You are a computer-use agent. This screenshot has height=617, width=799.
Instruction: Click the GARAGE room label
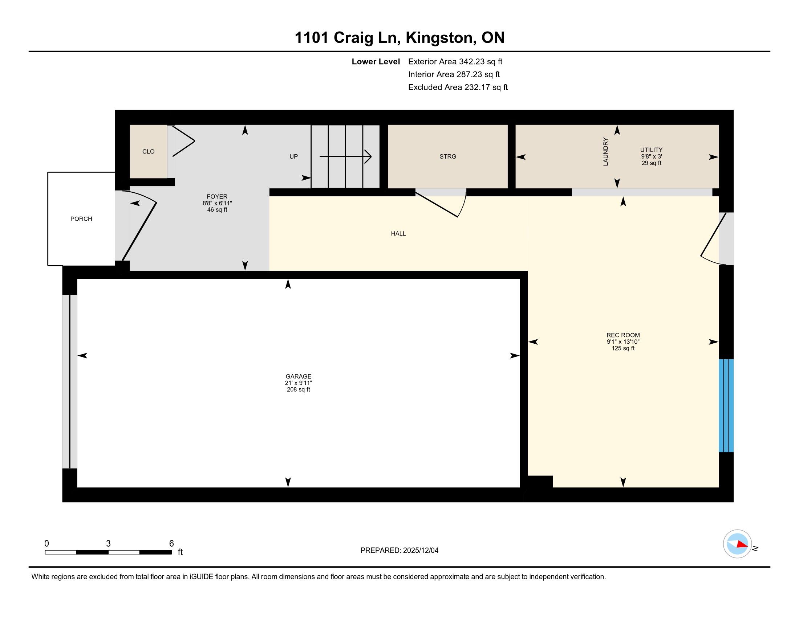click(299, 376)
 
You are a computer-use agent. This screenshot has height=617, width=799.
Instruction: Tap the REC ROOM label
click(623, 335)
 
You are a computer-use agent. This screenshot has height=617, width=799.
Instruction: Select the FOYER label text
click(217, 197)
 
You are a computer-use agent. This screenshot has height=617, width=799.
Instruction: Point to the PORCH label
click(81, 219)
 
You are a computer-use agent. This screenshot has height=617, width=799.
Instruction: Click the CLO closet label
click(148, 151)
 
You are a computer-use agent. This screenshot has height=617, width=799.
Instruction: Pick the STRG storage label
click(448, 156)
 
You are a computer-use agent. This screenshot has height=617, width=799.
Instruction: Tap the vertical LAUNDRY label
click(605, 151)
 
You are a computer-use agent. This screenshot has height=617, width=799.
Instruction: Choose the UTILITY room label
click(651, 150)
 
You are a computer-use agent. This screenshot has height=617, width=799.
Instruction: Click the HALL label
click(398, 234)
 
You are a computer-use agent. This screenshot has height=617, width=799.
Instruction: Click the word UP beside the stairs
click(293, 156)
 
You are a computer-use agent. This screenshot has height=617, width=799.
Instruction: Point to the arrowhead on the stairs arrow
click(368, 157)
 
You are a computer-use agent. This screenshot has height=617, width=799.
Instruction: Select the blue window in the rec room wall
click(726, 406)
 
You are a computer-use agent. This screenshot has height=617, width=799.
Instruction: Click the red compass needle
click(742, 545)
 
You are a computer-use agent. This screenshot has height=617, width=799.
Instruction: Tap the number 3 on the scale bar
click(108, 544)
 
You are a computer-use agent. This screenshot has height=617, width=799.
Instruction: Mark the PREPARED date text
click(399, 551)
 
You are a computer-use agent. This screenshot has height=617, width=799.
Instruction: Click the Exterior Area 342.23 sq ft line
click(455, 61)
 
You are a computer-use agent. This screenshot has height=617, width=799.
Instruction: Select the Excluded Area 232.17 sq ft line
click(458, 87)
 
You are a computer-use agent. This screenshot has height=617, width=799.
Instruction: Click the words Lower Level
click(376, 61)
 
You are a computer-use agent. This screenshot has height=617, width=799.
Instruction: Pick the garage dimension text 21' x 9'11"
click(299, 383)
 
